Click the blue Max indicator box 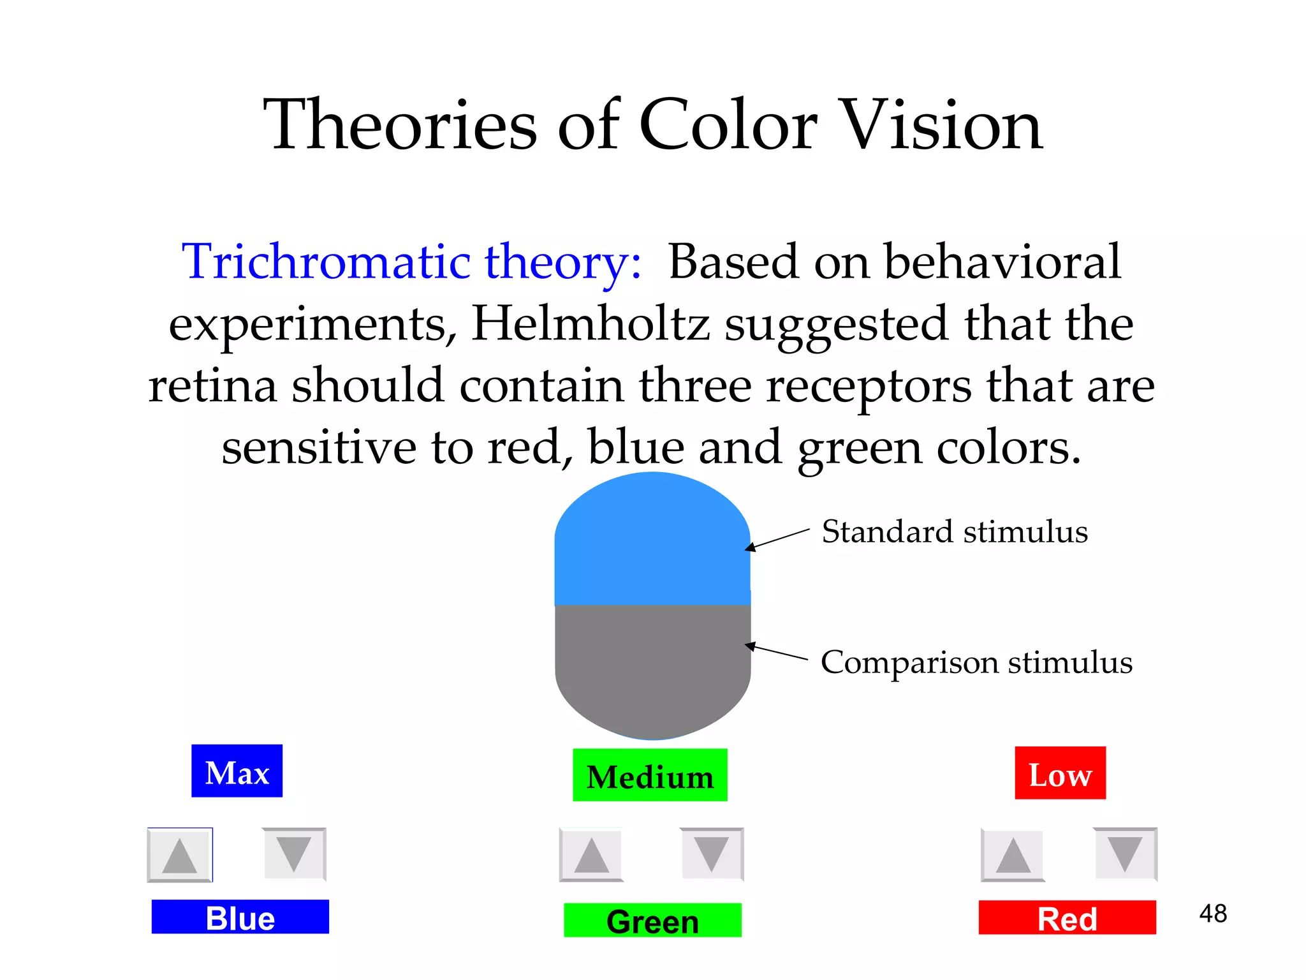[x=237, y=771]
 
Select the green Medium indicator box [x=650, y=775]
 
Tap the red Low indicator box [x=1060, y=773]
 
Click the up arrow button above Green [x=591, y=855]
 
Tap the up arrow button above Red [x=1013, y=855]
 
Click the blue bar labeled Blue [x=240, y=917]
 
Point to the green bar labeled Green [x=652, y=920]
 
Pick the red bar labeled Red [x=1067, y=917]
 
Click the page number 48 [x=1213, y=914]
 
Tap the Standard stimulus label [x=955, y=531]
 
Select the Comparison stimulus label [x=976, y=662]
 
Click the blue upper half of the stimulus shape [x=652, y=542]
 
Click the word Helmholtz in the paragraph [x=591, y=323]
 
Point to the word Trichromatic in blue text [x=326, y=262]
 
